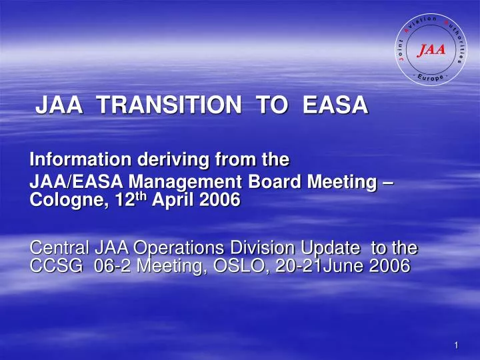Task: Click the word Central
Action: click(57, 248)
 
